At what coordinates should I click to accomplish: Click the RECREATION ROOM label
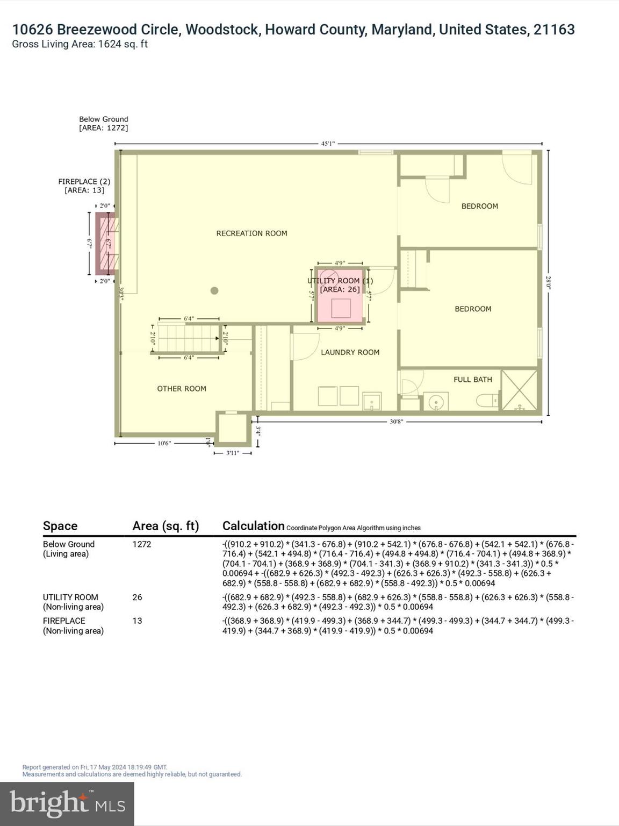click(x=251, y=233)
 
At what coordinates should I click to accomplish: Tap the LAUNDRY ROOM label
click(x=350, y=352)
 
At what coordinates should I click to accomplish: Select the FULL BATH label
click(x=472, y=380)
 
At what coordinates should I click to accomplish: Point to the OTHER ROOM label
click(x=182, y=389)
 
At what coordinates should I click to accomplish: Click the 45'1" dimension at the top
click(x=328, y=144)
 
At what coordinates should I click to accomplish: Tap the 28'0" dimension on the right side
click(x=548, y=283)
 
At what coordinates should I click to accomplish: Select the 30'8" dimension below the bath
click(x=396, y=422)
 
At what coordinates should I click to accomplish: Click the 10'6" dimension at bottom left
click(x=164, y=444)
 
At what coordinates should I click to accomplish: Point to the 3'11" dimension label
click(x=232, y=453)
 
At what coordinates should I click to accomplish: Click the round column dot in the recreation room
click(x=214, y=291)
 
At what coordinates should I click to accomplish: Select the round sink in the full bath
click(x=436, y=401)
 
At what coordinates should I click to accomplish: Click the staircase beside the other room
click(x=188, y=338)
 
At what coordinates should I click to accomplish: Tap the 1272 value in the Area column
click(x=142, y=544)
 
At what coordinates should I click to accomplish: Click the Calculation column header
click(x=253, y=526)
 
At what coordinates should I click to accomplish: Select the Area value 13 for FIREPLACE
click(x=137, y=621)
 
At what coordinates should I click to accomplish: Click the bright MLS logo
click(x=67, y=803)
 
